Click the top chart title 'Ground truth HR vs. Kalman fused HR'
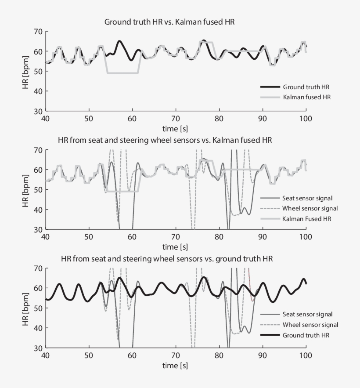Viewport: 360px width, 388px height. (169, 22)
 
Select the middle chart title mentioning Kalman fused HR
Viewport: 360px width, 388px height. (165, 141)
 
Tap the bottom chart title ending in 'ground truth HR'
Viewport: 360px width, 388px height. (167, 259)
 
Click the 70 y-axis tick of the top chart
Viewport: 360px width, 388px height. (37, 32)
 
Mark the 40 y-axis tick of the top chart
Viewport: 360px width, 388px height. (37, 91)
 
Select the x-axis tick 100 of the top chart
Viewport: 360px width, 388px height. (306, 119)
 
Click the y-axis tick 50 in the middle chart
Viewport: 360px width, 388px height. (37, 190)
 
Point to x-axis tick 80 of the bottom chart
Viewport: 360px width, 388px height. (219, 355)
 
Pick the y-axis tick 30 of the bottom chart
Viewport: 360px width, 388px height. (37, 348)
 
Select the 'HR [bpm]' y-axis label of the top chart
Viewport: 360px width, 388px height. (26, 71)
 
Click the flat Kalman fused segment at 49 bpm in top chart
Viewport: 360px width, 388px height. (123, 73)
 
